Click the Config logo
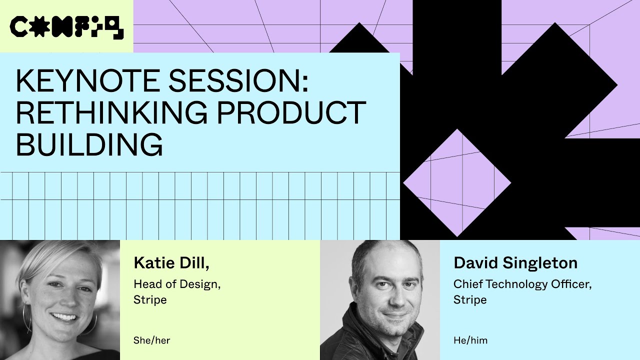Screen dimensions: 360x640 click(66, 27)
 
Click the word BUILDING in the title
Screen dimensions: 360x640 click(89, 144)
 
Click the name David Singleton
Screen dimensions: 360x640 click(515, 263)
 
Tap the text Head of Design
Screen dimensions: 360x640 click(177, 284)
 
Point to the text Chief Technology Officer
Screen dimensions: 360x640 click(522, 284)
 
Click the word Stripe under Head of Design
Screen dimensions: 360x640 click(150, 300)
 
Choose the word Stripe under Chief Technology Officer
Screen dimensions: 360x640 click(470, 300)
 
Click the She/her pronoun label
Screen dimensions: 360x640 click(151, 340)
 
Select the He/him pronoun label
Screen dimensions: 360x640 click(470, 340)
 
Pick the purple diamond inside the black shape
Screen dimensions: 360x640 click(457, 182)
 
